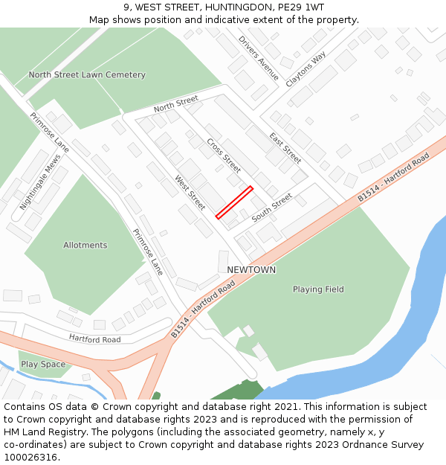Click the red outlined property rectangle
pyautogui.click(x=234, y=202)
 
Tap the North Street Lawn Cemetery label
pyautogui.click(x=87, y=75)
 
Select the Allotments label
pyautogui.click(x=85, y=246)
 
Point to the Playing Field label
pyautogui.click(x=318, y=289)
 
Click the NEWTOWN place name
pyautogui.click(x=251, y=270)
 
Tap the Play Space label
pyautogui.click(x=43, y=365)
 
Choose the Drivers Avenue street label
pyautogui.click(x=259, y=58)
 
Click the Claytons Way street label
pyautogui.click(x=306, y=70)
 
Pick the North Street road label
pyautogui.click(x=176, y=104)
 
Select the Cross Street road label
pyautogui.click(x=224, y=155)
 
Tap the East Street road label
pyautogui.click(x=285, y=148)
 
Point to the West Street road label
pyautogui.click(x=190, y=192)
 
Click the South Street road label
pyautogui.click(x=271, y=208)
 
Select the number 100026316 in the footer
pyautogui.click(x=30, y=458)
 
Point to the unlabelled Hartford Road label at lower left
pyautogui.click(x=94, y=339)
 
